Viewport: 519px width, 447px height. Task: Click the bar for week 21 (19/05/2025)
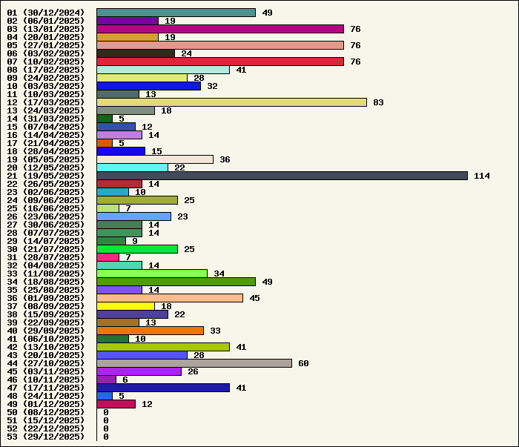click(x=282, y=176)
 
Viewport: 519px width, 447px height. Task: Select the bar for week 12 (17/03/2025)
click(x=231, y=102)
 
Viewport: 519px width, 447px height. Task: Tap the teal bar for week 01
click(x=176, y=13)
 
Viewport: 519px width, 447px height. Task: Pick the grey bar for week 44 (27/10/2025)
click(x=194, y=363)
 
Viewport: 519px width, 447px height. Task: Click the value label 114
click(x=482, y=176)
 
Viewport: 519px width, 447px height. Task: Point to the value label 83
click(x=378, y=102)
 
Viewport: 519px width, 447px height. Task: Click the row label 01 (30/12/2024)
click(x=46, y=13)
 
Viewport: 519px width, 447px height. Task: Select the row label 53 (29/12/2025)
click(x=46, y=437)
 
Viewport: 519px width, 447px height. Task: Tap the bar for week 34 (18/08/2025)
click(x=176, y=282)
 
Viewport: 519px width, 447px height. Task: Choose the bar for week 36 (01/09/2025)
click(x=170, y=298)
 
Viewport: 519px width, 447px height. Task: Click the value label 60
click(x=303, y=363)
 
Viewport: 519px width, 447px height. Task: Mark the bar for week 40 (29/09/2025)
click(x=150, y=331)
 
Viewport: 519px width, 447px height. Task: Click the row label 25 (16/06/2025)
click(x=46, y=208)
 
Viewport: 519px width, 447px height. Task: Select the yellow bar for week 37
click(x=125, y=306)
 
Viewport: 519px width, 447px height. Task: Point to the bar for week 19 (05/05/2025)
click(x=155, y=159)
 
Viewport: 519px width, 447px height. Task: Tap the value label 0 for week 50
click(x=106, y=412)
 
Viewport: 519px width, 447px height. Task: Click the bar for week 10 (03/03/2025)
click(x=148, y=86)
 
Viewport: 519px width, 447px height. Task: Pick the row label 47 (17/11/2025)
click(x=46, y=388)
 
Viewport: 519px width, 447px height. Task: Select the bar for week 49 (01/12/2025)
click(x=116, y=404)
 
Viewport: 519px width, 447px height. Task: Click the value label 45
click(x=254, y=298)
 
